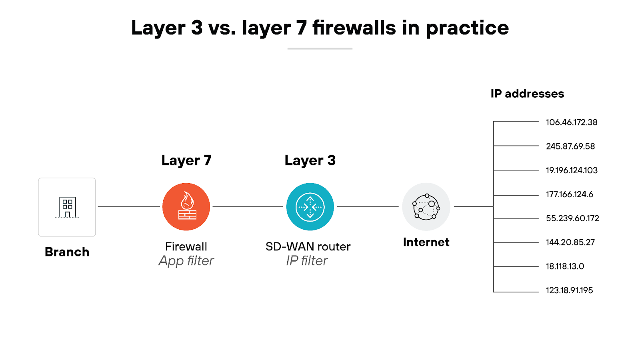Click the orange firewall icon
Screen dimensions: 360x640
(x=186, y=207)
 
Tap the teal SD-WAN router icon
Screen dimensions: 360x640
(x=310, y=207)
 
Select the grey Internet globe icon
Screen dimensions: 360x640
(x=426, y=207)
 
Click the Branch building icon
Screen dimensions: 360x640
(x=67, y=207)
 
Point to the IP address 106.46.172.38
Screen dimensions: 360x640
(x=572, y=122)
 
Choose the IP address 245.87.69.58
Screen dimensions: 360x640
(x=570, y=146)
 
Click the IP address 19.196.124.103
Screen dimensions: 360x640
(x=572, y=170)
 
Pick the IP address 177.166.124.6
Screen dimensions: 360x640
(x=570, y=194)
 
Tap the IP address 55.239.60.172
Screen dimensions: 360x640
(x=572, y=218)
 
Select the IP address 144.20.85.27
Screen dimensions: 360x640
(x=570, y=242)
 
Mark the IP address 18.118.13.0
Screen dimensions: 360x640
(x=565, y=266)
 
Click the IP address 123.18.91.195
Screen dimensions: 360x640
(x=569, y=290)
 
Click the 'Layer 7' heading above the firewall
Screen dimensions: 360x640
(x=186, y=160)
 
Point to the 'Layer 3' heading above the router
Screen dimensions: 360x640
(x=310, y=160)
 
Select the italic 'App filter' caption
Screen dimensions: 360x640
(x=186, y=261)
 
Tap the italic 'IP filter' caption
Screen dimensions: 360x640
(x=307, y=261)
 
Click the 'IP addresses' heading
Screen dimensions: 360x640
(x=527, y=94)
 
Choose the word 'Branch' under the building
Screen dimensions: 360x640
(x=67, y=252)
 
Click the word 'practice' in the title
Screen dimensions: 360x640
(x=467, y=28)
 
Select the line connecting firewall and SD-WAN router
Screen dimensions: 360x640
(x=248, y=207)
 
